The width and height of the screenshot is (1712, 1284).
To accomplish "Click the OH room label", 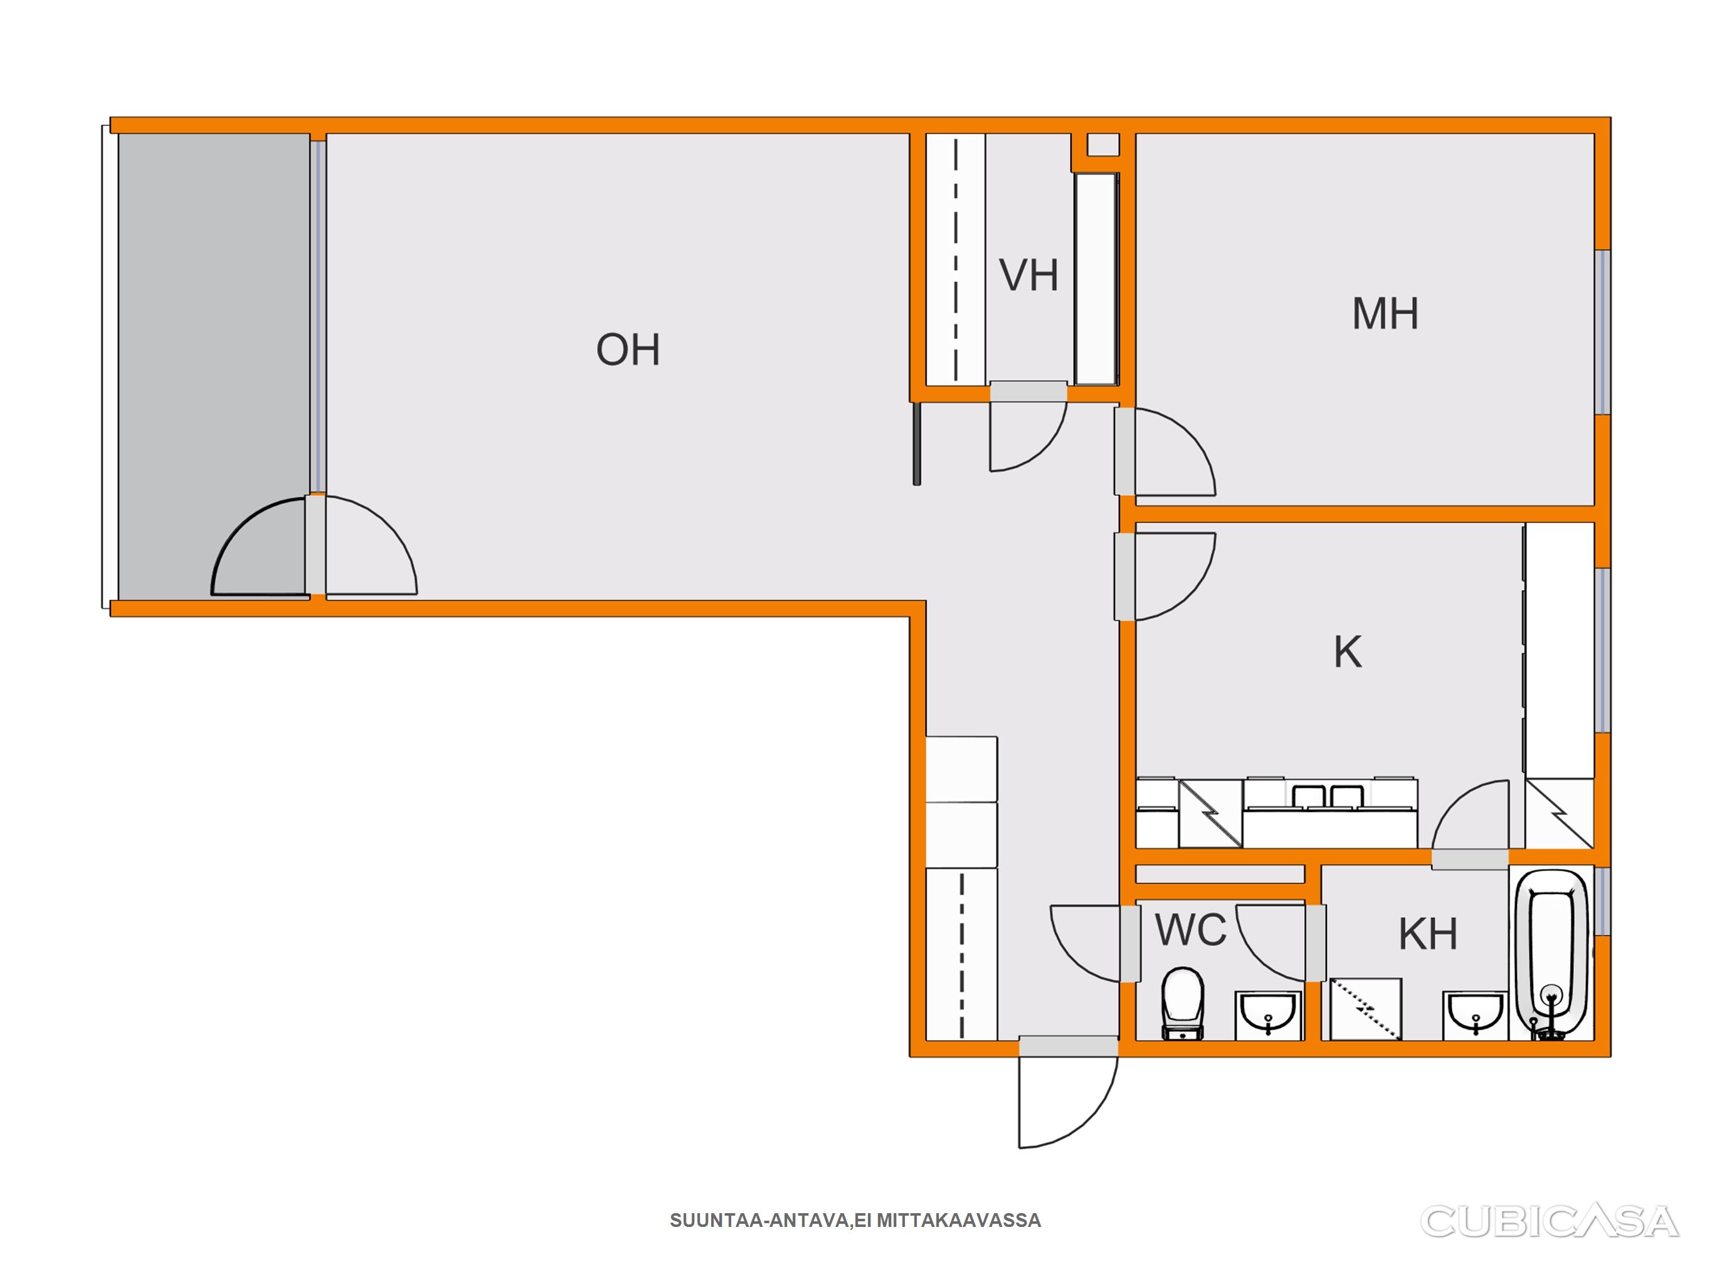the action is [x=628, y=349].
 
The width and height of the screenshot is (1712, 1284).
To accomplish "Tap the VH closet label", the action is [x=1028, y=275].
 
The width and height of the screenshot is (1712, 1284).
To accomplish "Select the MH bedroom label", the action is [x=1385, y=313].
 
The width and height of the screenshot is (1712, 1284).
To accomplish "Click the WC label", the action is [x=1190, y=930].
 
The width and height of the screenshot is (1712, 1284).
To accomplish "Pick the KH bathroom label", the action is [x=1428, y=934].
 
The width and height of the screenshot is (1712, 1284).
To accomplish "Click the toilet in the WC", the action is [x=1183, y=1002].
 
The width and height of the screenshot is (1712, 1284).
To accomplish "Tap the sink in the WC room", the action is [x=1269, y=1014].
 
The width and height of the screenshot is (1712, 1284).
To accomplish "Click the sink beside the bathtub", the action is [x=1475, y=1014].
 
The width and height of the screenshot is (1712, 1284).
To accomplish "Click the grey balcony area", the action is [x=214, y=364].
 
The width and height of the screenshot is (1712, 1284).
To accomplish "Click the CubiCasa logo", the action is [x=1550, y=1221].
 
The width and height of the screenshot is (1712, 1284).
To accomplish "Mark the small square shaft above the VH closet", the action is [x=1103, y=145].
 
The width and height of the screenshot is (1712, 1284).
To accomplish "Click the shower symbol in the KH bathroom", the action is [x=1366, y=1009].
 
